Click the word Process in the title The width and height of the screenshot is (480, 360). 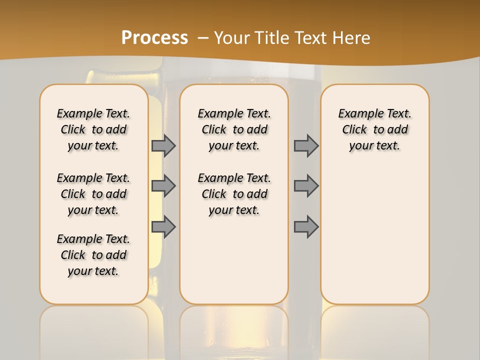[154, 37]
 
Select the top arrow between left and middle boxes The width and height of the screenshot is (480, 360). [163, 145]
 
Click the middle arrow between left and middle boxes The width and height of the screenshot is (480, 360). [163, 186]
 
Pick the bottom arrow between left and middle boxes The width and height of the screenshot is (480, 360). [163, 227]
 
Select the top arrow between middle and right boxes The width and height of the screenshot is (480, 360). [306, 145]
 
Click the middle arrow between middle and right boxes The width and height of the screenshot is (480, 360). [306, 186]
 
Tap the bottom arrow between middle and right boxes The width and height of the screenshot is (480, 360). [306, 227]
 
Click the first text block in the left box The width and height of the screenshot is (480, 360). [93, 129]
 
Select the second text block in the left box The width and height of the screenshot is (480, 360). [93, 194]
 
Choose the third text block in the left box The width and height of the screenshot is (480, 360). [93, 255]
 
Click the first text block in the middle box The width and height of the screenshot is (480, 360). [234, 129]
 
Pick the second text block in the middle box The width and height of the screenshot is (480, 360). [234, 194]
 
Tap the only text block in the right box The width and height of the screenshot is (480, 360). [375, 129]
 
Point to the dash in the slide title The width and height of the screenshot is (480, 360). [203, 38]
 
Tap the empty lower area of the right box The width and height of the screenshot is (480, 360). [375, 235]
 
